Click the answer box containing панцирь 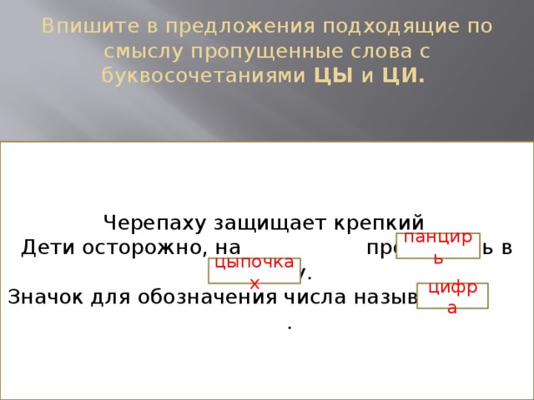pos(438,246)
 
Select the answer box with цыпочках pos(254,271)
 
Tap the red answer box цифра pos(452,297)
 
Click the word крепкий pos(381,223)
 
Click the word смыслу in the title pos(144,52)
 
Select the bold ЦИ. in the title pos(404,77)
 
